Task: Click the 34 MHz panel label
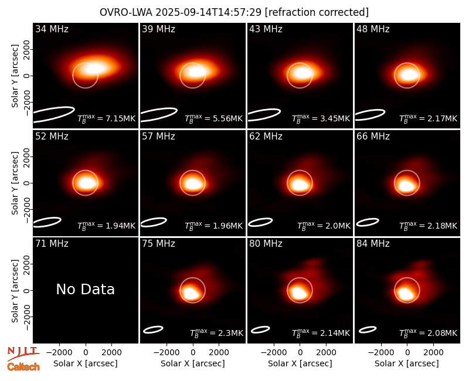pos(52,29)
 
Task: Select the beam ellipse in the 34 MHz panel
pos(53,114)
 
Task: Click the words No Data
pos(85,289)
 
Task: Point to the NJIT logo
pos(23,353)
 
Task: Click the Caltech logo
pos(23,367)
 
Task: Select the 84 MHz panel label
pos(373,244)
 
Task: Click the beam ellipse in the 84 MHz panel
pos(368,329)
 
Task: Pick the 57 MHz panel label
pos(158,137)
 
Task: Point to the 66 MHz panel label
pos(373,137)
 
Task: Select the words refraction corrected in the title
pos(317,12)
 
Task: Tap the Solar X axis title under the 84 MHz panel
pos(407,363)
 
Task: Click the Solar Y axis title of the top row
pos(15,76)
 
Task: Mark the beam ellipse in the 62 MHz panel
pos(260,222)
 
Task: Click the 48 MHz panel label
pos(373,29)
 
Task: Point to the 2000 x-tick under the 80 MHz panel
pos(326,353)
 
